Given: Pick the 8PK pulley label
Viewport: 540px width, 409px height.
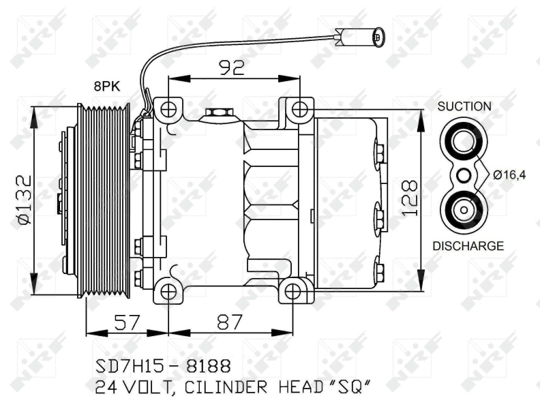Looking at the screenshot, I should tap(108, 87).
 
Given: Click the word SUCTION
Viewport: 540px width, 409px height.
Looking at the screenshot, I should tap(464, 106).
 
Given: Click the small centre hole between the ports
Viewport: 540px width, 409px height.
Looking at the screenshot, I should tap(464, 175).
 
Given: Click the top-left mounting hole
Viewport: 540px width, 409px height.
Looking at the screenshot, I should tap(168, 108).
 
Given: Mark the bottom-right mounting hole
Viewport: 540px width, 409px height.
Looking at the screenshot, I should tap(293, 292).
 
